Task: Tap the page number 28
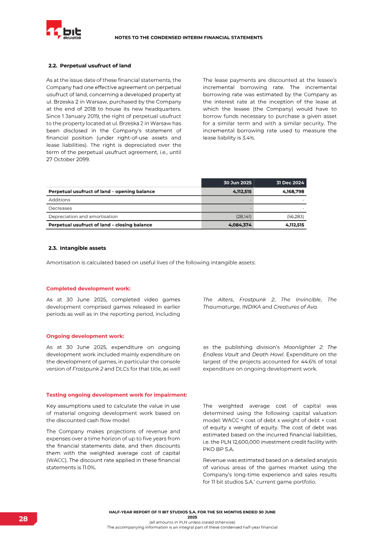23,519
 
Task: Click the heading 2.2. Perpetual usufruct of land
90,66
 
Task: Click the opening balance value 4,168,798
290,191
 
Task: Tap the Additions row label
59,199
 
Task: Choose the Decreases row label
60,208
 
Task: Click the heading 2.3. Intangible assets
77,248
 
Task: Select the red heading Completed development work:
89,288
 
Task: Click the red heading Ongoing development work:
85,336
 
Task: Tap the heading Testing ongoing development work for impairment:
116,395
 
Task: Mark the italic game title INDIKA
251,307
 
